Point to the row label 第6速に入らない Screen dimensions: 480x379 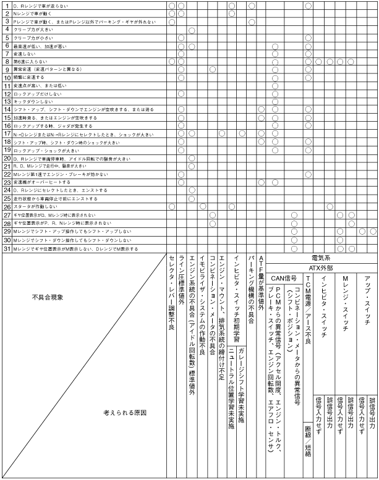33,62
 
